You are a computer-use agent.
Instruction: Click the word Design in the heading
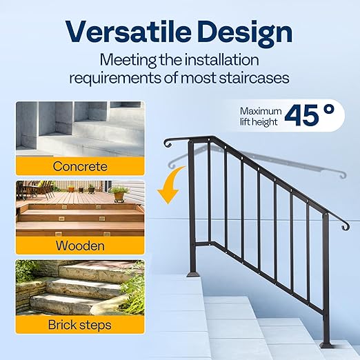tap(243, 32)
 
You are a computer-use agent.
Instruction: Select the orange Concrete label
tap(80, 166)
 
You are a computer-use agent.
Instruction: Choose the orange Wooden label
tap(80, 246)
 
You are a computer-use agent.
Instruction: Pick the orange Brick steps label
tap(80, 325)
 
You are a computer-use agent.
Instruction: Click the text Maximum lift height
tap(261, 116)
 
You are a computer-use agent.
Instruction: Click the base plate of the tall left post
tap(192, 273)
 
